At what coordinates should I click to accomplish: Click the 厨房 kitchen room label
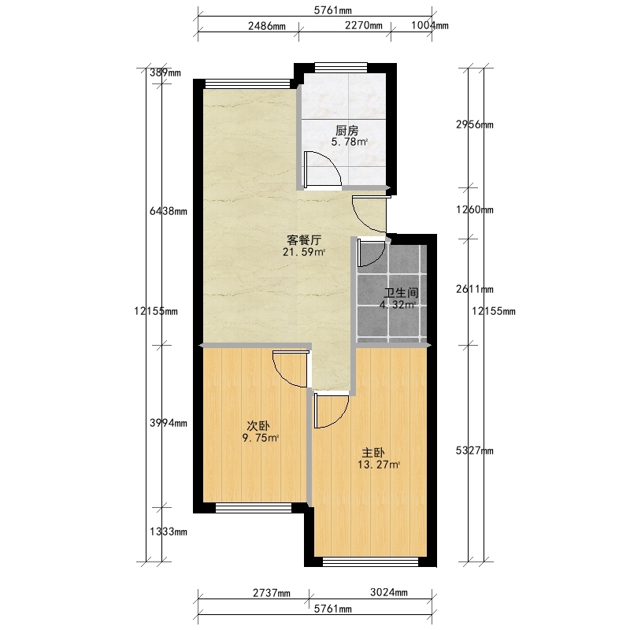click(346, 131)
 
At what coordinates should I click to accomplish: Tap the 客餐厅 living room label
click(304, 240)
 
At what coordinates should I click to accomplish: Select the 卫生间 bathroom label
click(401, 293)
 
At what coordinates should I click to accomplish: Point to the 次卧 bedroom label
click(258, 426)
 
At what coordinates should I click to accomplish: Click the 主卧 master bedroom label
click(373, 454)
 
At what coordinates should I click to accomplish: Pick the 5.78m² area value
click(349, 142)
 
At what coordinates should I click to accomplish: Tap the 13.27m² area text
click(379, 465)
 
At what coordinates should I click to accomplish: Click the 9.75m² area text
click(261, 438)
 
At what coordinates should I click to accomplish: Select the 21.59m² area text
click(304, 252)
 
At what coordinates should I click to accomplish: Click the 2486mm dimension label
click(267, 26)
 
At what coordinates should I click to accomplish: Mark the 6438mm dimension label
click(169, 211)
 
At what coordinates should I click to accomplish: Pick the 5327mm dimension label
click(475, 450)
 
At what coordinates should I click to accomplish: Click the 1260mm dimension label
click(475, 209)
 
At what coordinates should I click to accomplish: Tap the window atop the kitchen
click(341, 67)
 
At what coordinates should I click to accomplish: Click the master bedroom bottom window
click(370, 561)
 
